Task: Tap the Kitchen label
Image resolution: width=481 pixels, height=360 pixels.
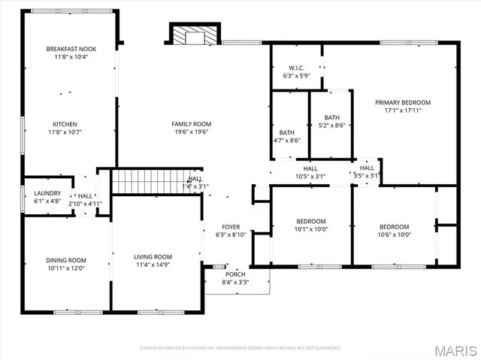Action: (65, 124)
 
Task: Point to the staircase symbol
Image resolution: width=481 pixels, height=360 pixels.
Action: (146, 181)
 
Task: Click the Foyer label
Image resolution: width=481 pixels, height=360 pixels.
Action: (230, 226)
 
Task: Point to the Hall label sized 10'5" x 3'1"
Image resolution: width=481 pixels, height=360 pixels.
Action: (310, 168)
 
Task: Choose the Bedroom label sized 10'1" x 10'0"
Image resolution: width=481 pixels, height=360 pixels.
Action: (311, 221)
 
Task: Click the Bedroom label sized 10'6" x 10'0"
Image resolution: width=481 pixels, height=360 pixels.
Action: (394, 226)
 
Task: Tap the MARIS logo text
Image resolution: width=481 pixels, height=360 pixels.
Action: (453, 349)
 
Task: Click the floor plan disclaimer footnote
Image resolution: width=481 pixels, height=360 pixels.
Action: (240, 348)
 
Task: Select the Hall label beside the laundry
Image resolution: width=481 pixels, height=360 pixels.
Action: (85, 196)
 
